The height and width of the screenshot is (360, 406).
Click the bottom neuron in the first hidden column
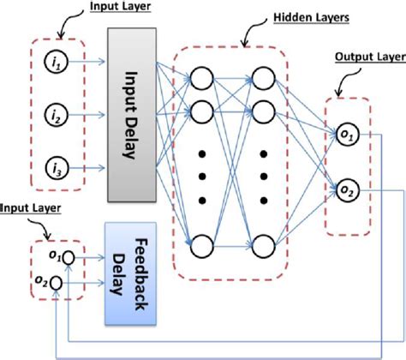201,248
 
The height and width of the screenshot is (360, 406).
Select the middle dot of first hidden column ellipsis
201,178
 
